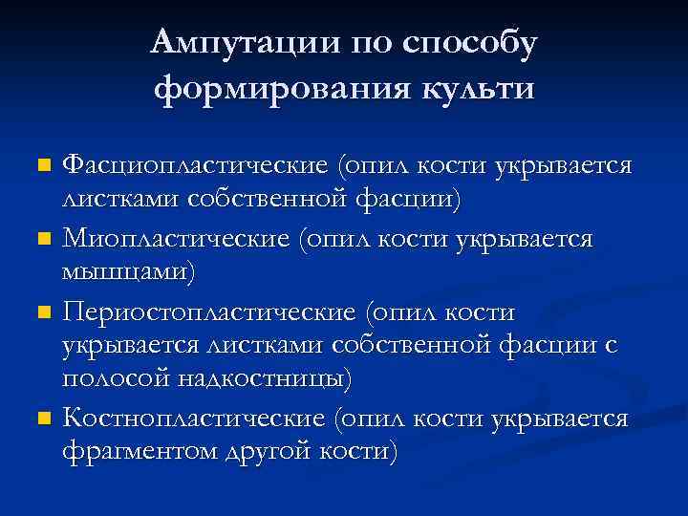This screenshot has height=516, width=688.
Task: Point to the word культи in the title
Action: click(474, 90)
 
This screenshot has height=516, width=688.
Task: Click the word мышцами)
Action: click(128, 272)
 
